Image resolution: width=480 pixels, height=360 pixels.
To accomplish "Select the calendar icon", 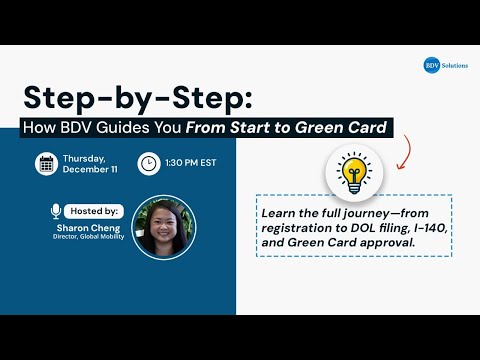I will (46, 163).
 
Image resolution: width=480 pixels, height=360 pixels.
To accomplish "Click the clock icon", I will (147, 162).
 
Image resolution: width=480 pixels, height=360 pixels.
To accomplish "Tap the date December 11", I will (92, 170).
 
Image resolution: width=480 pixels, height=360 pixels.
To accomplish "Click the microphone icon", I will (56, 211).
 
